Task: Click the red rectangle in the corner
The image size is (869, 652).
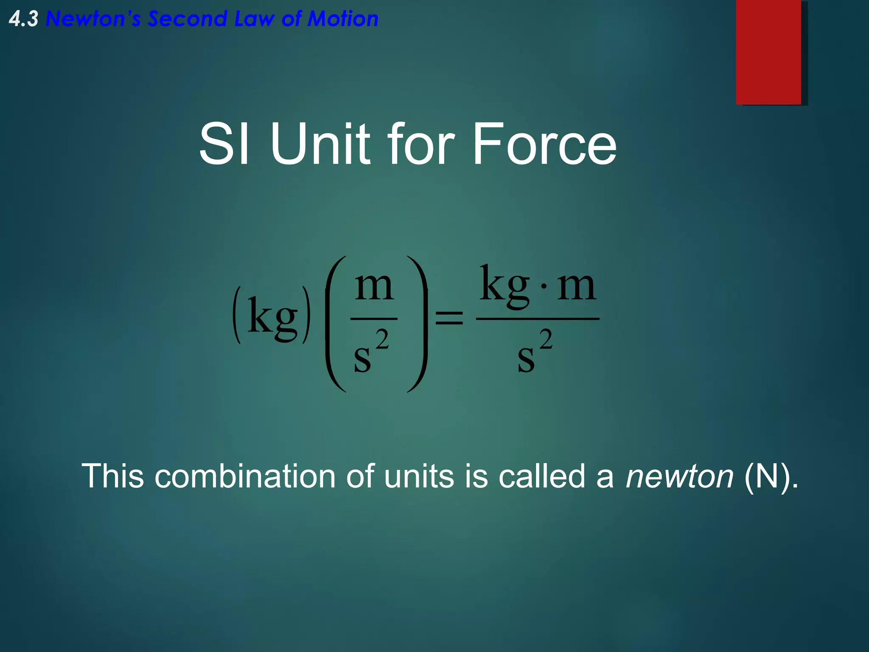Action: tap(768, 52)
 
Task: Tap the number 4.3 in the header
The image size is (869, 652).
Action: tap(24, 20)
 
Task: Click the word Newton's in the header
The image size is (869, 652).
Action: tap(93, 20)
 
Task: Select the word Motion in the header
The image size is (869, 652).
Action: tap(342, 20)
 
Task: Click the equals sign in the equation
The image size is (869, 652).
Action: tap(449, 318)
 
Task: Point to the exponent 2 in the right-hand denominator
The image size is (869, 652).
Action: tap(546, 339)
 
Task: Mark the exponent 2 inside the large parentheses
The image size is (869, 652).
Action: tap(382, 339)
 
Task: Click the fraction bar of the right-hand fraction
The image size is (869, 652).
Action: tap(538, 318)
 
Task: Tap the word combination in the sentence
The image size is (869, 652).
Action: tap(245, 476)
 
